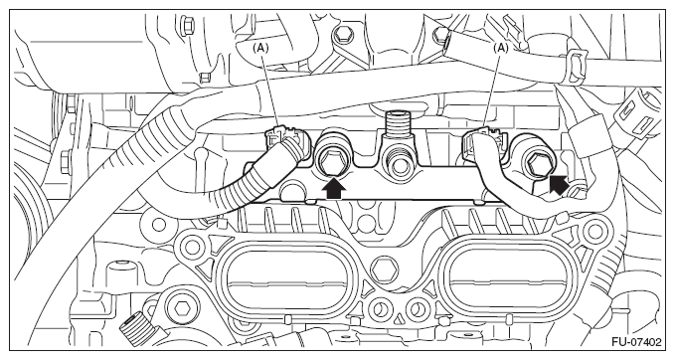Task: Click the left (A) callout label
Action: pyautogui.click(x=260, y=48)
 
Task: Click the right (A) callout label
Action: pyautogui.click(x=501, y=48)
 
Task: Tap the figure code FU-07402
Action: pyautogui.click(x=636, y=342)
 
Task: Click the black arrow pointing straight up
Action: pyautogui.click(x=334, y=188)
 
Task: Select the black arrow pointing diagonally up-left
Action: pyautogui.click(x=560, y=185)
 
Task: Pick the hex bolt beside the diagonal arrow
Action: pyautogui.click(x=535, y=162)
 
